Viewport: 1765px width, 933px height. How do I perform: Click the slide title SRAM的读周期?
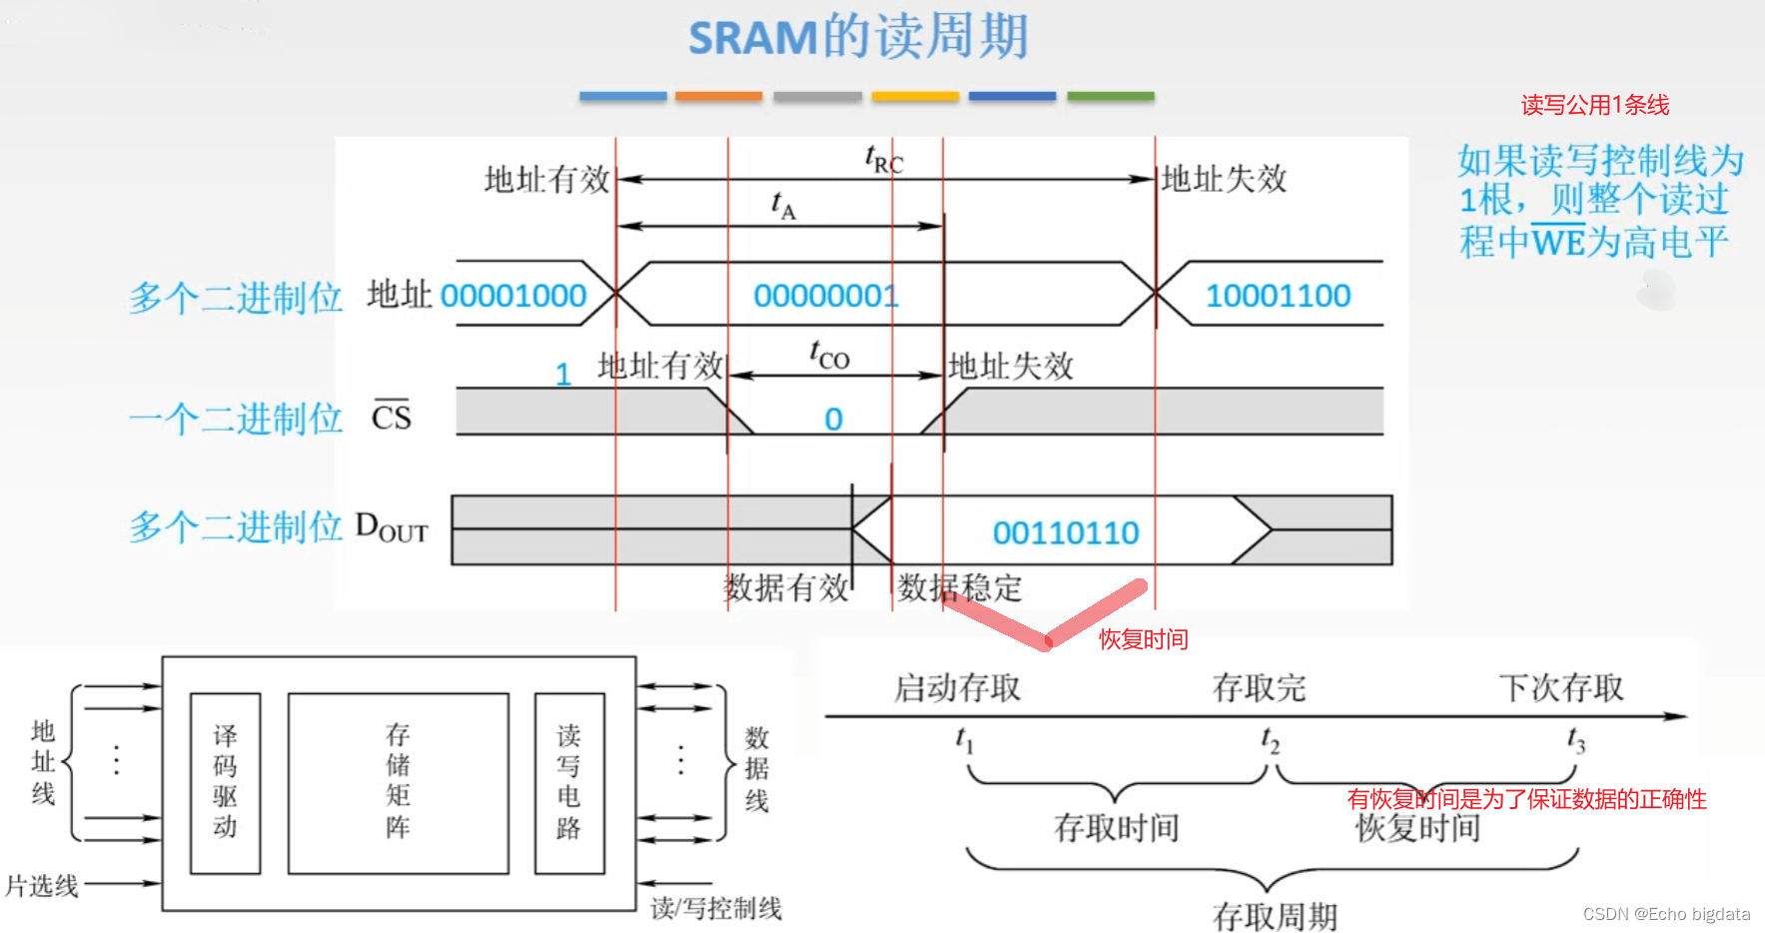coord(858,38)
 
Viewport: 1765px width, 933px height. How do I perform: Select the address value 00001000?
coord(513,296)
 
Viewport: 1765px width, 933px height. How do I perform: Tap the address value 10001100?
coord(1278,296)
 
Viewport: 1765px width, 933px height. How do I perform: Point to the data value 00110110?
coord(1066,532)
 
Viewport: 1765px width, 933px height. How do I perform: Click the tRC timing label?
coord(883,160)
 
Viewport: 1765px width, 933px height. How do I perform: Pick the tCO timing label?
coord(829,355)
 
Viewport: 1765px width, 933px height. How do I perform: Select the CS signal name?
coord(392,416)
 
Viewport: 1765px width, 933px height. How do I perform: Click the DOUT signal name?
coord(392,526)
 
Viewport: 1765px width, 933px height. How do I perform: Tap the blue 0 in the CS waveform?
coord(833,420)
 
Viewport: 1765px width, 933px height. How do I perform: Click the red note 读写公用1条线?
coord(1594,105)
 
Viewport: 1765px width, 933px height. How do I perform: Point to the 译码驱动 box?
coord(225,783)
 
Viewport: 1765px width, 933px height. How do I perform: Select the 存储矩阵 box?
coord(398,783)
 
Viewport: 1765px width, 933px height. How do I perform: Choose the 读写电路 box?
coord(568,783)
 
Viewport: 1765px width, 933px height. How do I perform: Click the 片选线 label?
coord(42,885)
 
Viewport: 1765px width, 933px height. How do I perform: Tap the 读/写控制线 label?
coord(716,908)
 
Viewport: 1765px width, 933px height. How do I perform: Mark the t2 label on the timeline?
coord(1270,740)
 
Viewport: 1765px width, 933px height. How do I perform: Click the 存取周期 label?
coord(1275,915)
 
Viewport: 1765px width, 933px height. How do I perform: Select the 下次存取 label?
coord(1560,687)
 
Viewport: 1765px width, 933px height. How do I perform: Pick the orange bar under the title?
coord(718,96)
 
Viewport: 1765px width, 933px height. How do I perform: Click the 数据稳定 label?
coord(959,588)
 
